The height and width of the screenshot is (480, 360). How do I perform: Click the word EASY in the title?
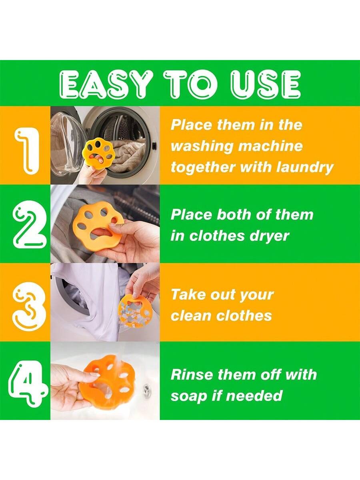(106, 84)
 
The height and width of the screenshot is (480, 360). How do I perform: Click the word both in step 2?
(234, 215)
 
